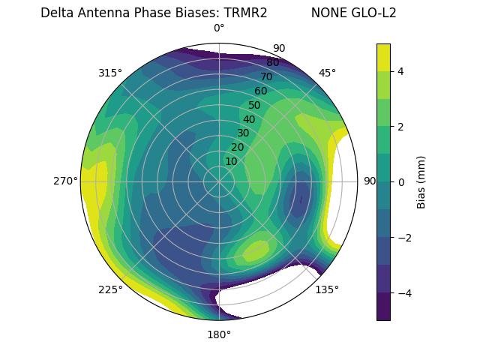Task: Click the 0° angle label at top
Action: tap(219, 28)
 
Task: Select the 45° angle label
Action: tap(327, 73)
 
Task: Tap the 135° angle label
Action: tap(327, 289)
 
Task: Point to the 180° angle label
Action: tap(219, 334)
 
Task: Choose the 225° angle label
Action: tap(110, 289)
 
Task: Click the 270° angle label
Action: tap(66, 181)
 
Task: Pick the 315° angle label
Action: tap(110, 73)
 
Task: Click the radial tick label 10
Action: tap(231, 161)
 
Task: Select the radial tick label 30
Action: tap(243, 133)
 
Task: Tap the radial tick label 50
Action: tap(254, 105)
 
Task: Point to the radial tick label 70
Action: tap(266, 76)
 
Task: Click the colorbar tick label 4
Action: tap(401, 71)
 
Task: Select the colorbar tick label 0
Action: tap(401, 181)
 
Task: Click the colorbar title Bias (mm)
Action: tap(421, 181)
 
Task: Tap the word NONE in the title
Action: tap(326, 13)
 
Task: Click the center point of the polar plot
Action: tap(219, 181)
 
